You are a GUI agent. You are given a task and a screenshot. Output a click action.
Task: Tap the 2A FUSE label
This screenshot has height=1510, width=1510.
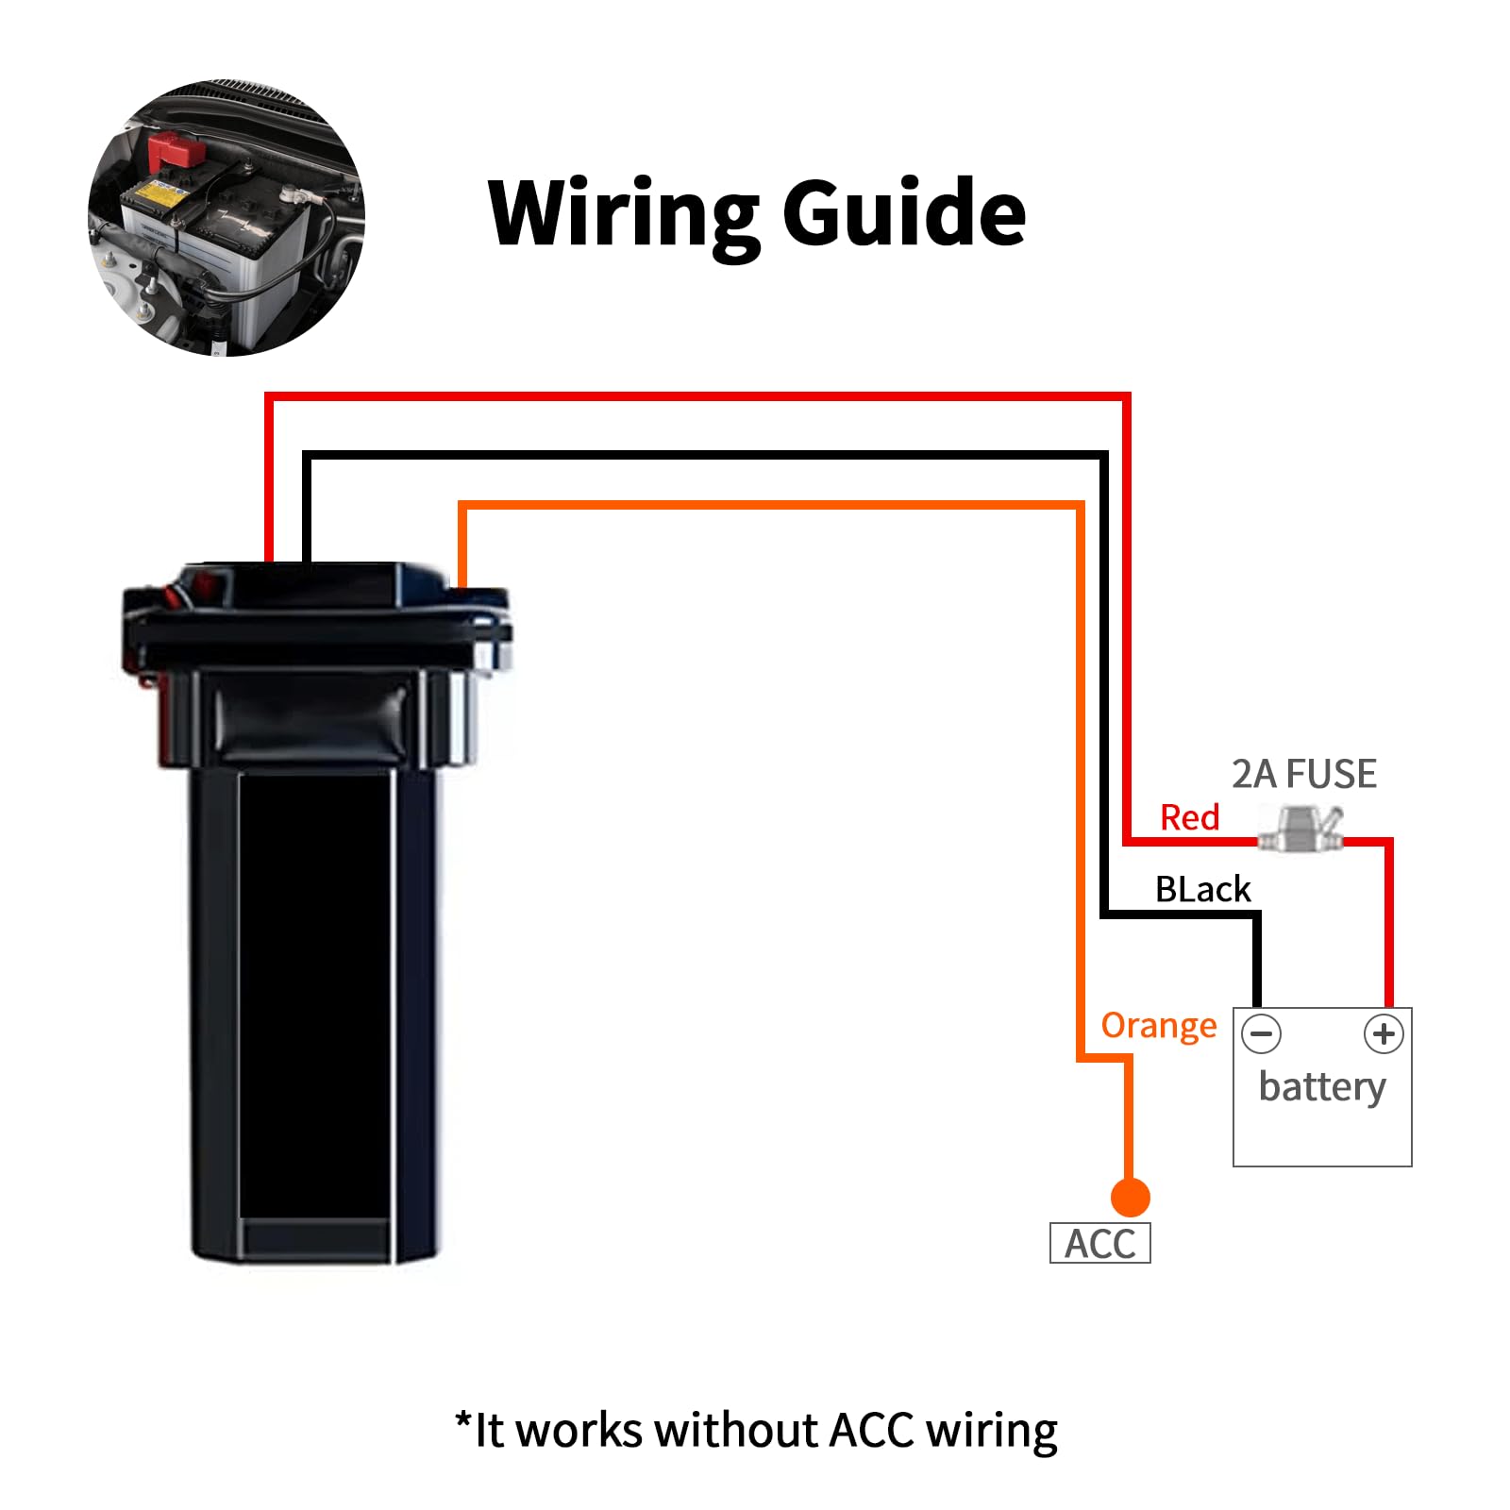click(1303, 774)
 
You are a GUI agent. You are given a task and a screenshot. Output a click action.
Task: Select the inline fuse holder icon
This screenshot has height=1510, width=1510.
click(1300, 828)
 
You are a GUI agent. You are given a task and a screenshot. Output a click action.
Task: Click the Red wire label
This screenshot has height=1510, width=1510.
click(1189, 817)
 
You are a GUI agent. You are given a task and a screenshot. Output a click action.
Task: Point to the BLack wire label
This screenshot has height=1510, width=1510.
click(1202, 889)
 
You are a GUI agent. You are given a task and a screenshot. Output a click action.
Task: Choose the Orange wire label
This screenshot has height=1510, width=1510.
click(1158, 1025)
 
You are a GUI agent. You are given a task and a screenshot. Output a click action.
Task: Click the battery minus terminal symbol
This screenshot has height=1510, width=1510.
click(1261, 1033)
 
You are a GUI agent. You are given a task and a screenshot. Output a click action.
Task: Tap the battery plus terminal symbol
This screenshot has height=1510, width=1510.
click(1384, 1033)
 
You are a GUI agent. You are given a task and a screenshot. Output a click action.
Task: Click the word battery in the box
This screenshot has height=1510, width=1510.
click(1321, 1087)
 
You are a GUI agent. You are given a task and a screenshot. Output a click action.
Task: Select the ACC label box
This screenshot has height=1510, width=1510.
click(1099, 1243)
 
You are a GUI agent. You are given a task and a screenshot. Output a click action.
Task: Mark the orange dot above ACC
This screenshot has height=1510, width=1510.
click(1130, 1198)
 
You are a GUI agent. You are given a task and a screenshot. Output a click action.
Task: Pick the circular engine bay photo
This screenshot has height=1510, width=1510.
click(226, 218)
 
